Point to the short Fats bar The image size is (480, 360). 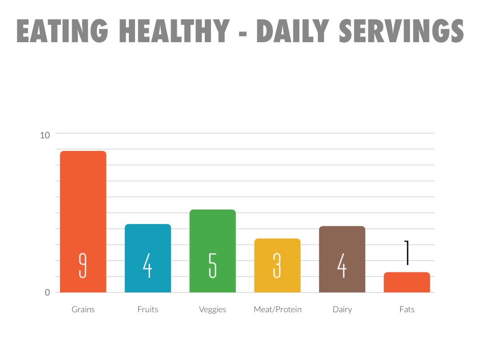point(406,282)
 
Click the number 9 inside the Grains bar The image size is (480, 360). point(83,266)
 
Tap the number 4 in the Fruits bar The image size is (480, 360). point(148,266)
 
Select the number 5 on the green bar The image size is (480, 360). point(212,266)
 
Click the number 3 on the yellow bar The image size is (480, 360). point(277,266)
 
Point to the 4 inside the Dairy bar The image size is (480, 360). point(342,266)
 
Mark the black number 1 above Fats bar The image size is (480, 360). point(407,253)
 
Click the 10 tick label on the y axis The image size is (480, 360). point(45,135)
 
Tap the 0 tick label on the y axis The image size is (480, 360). point(47,292)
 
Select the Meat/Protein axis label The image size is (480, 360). point(277,309)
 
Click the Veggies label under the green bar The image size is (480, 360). point(212,309)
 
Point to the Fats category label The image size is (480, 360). point(407,309)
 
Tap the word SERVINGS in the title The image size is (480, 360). point(401,32)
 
